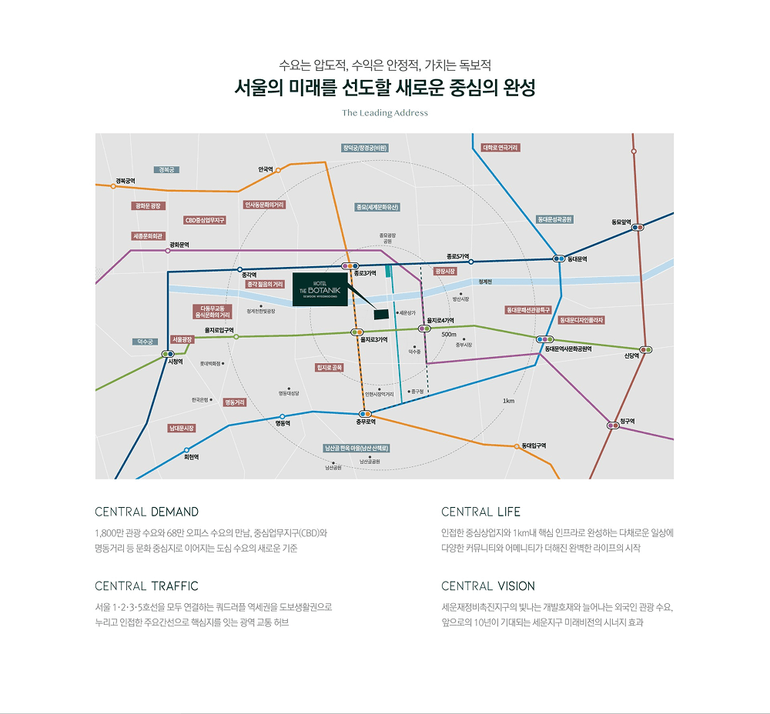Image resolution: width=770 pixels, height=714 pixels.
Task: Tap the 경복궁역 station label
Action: tap(125, 181)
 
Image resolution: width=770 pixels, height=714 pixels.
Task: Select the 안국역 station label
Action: tap(266, 169)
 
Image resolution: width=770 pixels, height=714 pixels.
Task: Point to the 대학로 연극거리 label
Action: tap(500, 148)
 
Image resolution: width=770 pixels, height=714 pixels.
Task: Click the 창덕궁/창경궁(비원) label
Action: tap(365, 148)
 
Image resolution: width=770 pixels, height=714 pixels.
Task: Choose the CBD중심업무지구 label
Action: tap(205, 220)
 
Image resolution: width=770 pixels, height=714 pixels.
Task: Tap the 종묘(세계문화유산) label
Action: tap(377, 207)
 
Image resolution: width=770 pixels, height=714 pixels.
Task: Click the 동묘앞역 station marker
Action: tap(638, 227)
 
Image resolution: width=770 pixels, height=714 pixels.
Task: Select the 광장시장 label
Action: tap(445, 272)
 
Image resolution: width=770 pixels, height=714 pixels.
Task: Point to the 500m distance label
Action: tap(449, 335)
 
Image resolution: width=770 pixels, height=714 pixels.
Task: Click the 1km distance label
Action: tap(508, 401)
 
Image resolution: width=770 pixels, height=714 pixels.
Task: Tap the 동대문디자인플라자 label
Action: tap(581, 319)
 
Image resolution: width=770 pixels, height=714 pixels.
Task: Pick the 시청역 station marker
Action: tap(168, 354)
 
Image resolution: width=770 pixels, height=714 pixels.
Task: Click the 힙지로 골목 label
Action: tap(330, 368)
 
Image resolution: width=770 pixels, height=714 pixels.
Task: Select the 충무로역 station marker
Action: tap(366, 414)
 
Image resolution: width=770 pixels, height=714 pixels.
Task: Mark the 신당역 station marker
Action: tap(646, 350)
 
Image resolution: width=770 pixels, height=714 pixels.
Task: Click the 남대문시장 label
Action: tap(182, 428)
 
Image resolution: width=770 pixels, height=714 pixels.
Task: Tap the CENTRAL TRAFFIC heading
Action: tap(146, 586)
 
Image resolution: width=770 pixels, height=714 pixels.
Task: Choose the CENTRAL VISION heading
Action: tap(488, 586)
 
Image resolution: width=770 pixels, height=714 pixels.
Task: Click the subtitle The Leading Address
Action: tap(385, 113)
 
